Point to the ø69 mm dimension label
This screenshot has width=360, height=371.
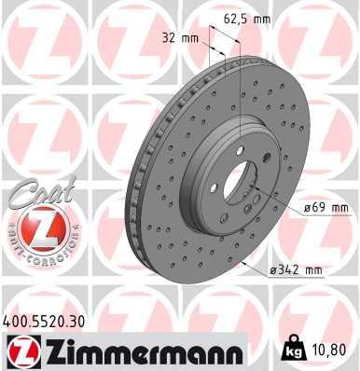pos(325,207)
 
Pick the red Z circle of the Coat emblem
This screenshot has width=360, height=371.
pos(35,228)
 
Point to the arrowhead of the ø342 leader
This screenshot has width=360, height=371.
pos(244,264)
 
